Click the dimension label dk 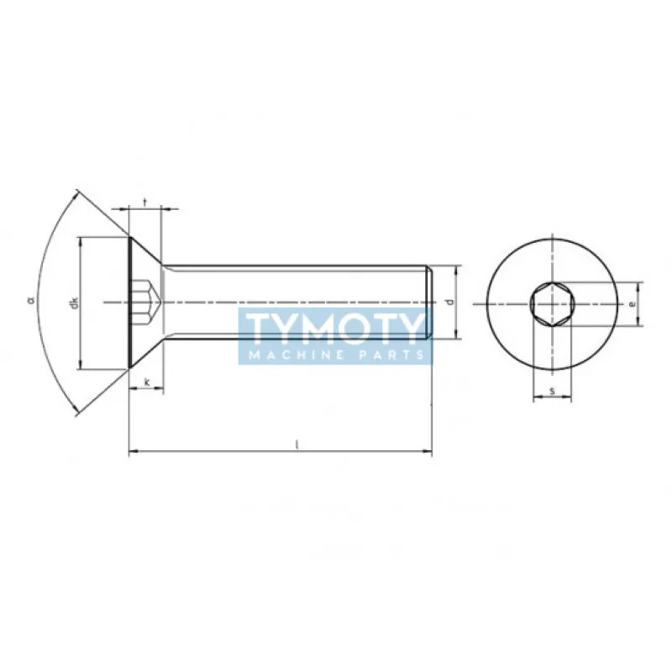pyautogui.click(x=75, y=302)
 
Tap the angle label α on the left pyautogui.click(x=31, y=299)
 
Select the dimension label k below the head pyautogui.click(x=147, y=383)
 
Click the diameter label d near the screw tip pyautogui.click(x=450, y=302)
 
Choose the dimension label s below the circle pyautogui.click(x=552, y=391)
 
